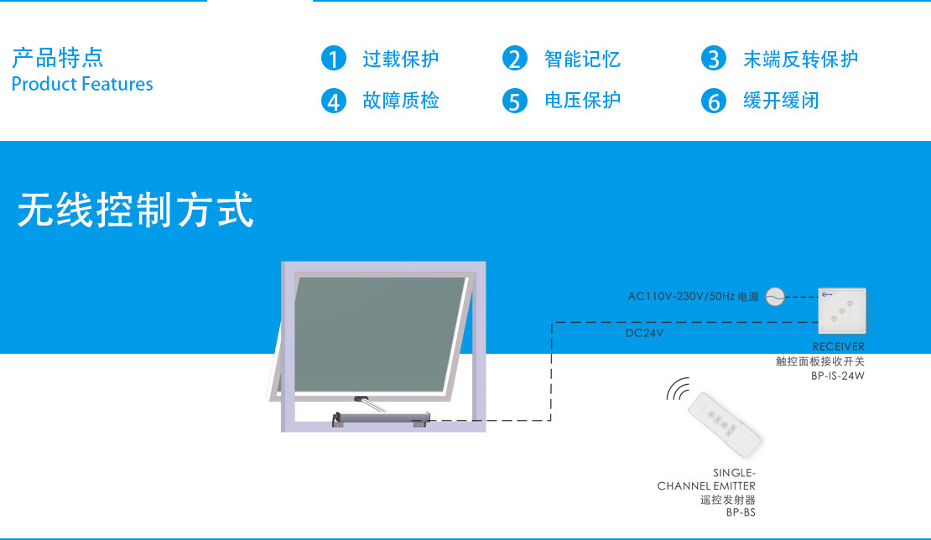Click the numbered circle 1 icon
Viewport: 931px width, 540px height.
click(x=334, y=59)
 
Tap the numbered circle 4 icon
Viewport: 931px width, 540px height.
click(x=334, y=101)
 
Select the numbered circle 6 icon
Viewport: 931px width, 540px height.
click(x=714, y=101)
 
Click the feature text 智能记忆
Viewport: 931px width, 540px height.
click(x=582, y=60)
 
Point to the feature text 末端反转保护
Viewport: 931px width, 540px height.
click(x=800, y=60)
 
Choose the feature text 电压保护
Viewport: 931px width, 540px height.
click(x=582, y=101)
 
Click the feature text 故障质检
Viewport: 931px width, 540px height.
click(x=401, y=101)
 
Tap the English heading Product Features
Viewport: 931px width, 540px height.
click(x=82, y=84)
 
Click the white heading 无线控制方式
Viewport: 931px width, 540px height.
click(x=136, y=210)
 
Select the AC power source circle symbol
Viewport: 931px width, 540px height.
click(x=775, y=296)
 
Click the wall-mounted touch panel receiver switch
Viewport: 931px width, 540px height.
click(x=842, y=311)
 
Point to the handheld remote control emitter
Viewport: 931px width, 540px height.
click(x=725, y=425)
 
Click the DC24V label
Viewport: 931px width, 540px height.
click(x=644, y=333)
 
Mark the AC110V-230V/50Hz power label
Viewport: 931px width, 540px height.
click(x=693, y=296)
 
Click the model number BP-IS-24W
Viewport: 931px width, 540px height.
click(x=838, y=376)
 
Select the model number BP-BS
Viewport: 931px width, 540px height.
click(x=741, y=512)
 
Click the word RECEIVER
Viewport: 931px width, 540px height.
click(x=839, y=346)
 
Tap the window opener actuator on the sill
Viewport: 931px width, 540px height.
click(x=381, y=418)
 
